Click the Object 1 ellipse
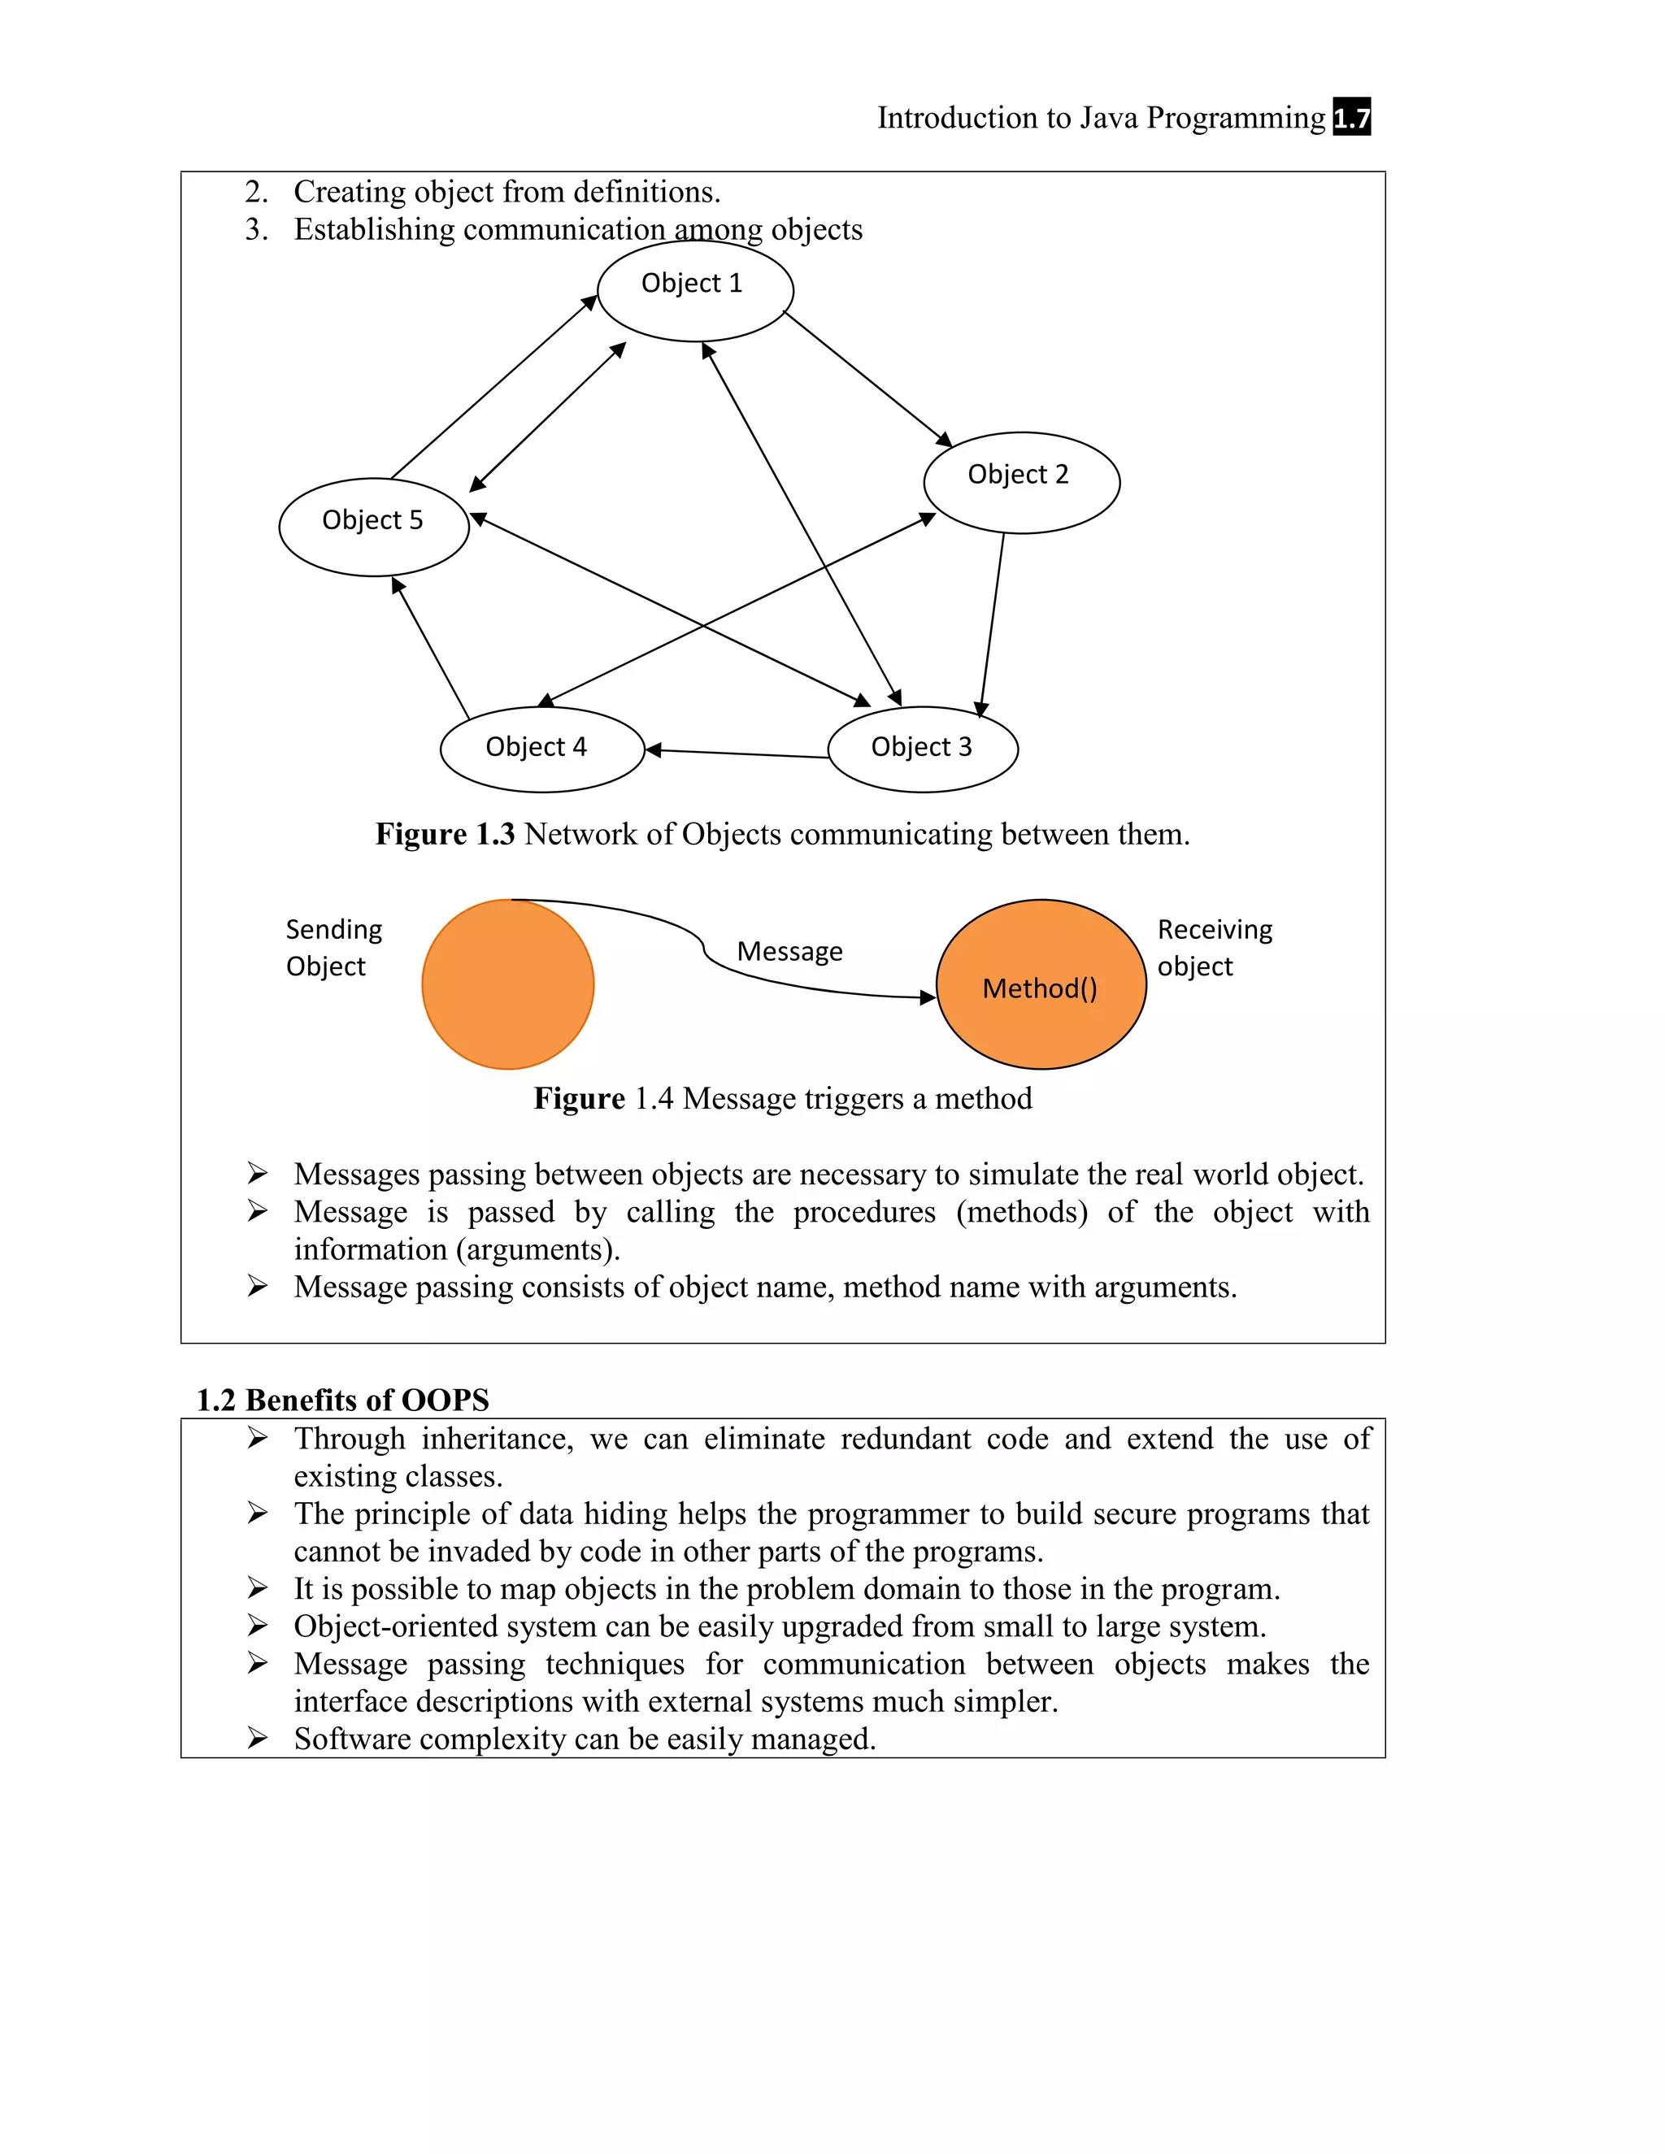pos(695,290)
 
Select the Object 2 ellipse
pos(1021,482)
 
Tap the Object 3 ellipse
pos(922,749)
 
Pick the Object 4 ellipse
pos(541,749)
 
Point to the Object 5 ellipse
pos(374,527)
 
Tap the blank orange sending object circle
pos(508,984)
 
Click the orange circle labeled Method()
pos(1041,984)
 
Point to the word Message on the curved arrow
pos(789,952)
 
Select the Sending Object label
pos(333,948)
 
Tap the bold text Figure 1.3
pos(445,835)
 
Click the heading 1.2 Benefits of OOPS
pos(342,1400)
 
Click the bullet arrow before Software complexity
pos(258,1738)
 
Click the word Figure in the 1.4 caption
pos(579,1099)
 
